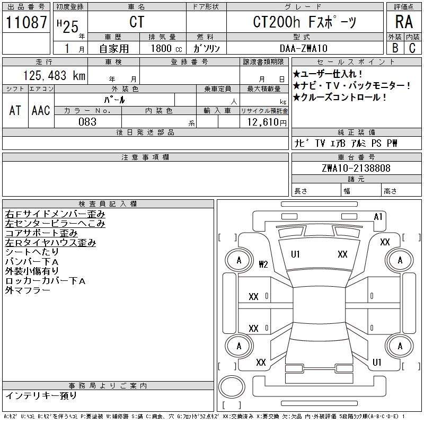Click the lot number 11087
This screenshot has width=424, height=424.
(26, 22)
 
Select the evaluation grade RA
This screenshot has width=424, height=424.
(404, 22)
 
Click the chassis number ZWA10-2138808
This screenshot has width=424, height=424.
(356, 168)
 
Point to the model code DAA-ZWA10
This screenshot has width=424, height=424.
(305, 48)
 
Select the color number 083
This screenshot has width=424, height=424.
(87, 122)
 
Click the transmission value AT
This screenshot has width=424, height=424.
(15, 110)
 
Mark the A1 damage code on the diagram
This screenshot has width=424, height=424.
(378, 216)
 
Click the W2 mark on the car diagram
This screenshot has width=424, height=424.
(263, 264)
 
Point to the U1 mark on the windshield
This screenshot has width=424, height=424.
(295, 254)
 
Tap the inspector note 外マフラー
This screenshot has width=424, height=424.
(28, 290)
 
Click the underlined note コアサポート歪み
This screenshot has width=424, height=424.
(41, 233)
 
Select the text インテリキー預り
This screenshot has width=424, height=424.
(41, 395)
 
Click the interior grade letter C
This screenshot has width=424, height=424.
(412, 48)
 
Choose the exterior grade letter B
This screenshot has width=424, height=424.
(395, 48)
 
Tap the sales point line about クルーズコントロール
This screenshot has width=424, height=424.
(340, 97)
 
